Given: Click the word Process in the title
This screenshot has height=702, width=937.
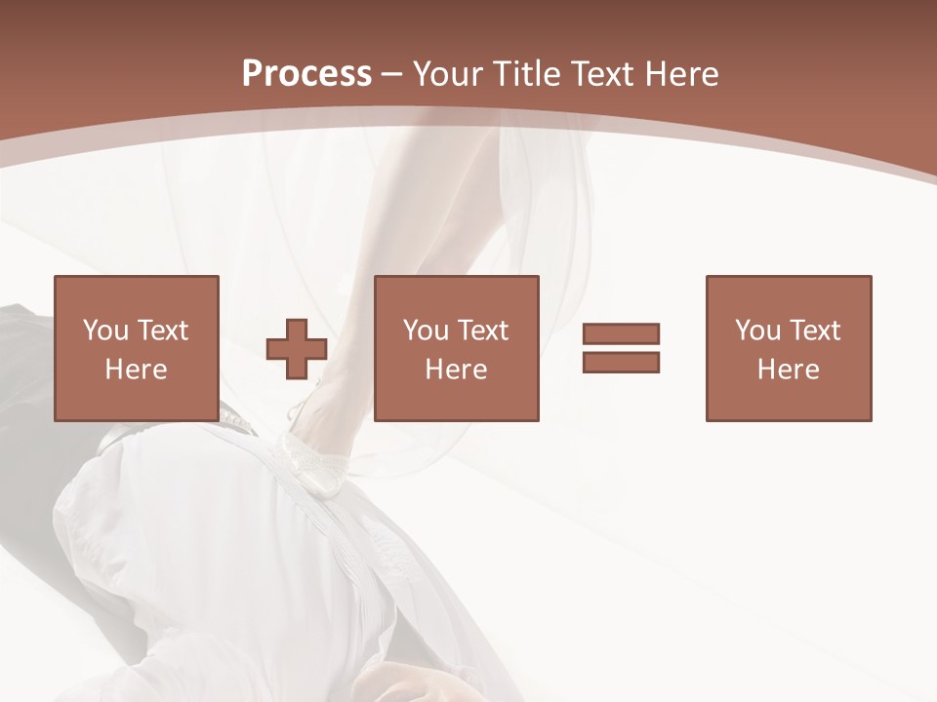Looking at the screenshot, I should pyautogui.click(x=306, y=74).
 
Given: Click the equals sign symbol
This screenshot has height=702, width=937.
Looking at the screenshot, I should pyautogui.click(x=621, y=348).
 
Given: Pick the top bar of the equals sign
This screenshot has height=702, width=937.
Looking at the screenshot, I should pyautogui.click(x=621, y=334).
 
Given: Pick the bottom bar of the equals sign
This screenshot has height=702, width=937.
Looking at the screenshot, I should pyautogui.click(x=621, y=362).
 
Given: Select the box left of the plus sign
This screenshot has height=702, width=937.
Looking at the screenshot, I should pyautogui.click(x=136, y=348).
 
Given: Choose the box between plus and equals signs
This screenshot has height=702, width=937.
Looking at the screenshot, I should pyautogui.click(x=456, y=348).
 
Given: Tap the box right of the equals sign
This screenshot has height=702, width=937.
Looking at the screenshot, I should pyautogui.click(x=788, y=348).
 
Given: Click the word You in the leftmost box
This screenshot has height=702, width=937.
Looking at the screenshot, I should pyautogui.click(x=105, y=330).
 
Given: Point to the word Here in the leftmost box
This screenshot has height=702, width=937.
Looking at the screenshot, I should pyautogui.click(x=136, y=370).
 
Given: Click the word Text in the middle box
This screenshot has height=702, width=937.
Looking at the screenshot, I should pyautogui.click(x=482, y=330).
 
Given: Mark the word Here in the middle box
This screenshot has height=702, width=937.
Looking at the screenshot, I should pyautogui.click(x=456, y=370).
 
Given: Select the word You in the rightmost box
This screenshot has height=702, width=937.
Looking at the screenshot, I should pyautogui.click(x=757, y=330).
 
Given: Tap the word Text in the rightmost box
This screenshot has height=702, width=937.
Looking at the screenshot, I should pyautogui.click(x=814, y=330).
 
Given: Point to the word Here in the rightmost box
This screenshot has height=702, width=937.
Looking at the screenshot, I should pyautogui.click(x=788, y=370).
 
